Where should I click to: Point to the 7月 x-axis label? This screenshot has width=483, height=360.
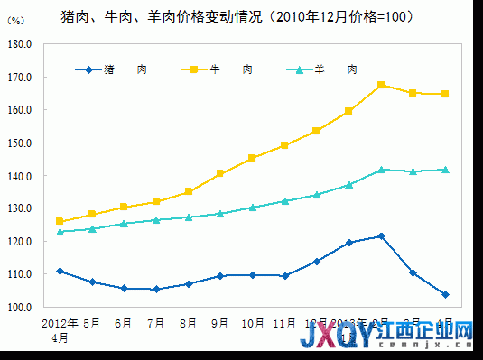(155, 322)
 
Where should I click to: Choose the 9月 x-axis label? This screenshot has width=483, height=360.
(219, 322)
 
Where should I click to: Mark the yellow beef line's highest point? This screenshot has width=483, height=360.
(381, 85)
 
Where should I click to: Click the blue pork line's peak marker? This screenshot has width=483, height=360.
(381, 236)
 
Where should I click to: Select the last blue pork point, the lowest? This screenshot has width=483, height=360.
(445, 294)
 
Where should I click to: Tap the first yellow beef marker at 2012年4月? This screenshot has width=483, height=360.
(60, 221)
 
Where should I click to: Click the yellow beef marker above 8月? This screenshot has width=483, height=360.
(188, 191)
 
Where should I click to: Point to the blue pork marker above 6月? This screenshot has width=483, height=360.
(124, 289)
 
